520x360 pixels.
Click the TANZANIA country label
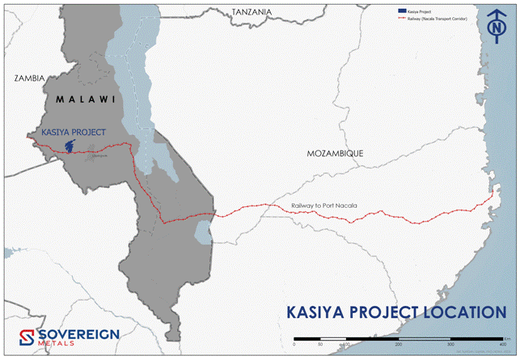point(252,12)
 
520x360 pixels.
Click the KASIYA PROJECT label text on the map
point(73,132)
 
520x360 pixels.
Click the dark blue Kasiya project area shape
point(72,146)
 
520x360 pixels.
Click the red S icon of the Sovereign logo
point(25,337)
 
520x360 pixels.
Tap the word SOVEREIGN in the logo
point(79,332)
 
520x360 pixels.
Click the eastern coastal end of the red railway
point(493,194)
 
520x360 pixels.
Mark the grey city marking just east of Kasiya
point(98,151)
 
